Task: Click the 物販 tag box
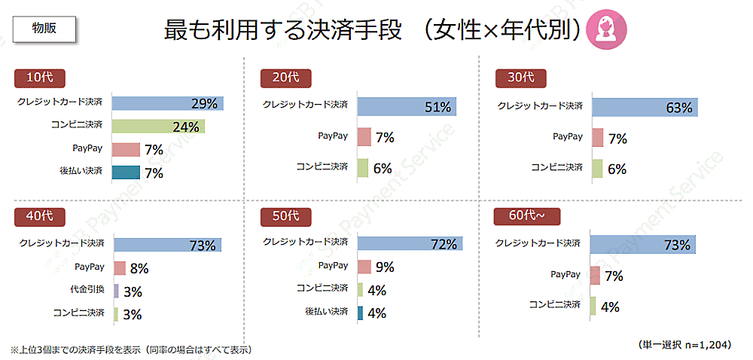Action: point(44,28)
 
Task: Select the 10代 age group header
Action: point(40,78)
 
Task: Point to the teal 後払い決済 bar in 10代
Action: point(126,172)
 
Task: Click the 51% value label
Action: point(437,107)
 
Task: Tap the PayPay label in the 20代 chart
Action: point(334,137)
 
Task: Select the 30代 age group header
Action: point(520,78)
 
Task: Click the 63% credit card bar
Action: point(645,107)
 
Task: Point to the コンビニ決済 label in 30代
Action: point(556,168)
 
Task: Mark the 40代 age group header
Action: point(40,217)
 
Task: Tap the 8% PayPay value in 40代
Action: point(139,268)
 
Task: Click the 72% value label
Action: point(444,244)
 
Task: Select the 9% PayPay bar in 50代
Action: point(364,267)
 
